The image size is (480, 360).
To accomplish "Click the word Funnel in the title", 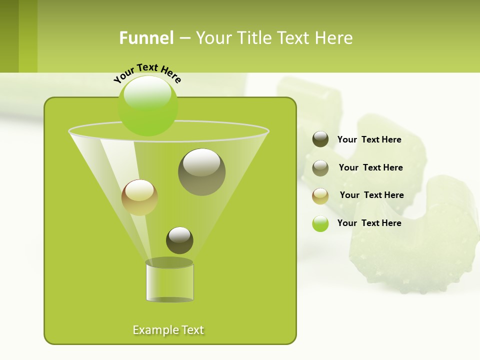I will coord(146,38).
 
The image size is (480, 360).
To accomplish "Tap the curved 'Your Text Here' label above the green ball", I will coord(147,72).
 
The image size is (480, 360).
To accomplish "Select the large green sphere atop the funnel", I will coord(148,105).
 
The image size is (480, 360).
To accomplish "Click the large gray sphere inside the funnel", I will coord(201,172).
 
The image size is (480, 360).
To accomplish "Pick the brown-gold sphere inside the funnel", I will coord(139,197).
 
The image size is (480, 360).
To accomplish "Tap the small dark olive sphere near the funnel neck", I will coord(179,240).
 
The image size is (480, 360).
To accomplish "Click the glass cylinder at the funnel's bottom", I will coord(169,282).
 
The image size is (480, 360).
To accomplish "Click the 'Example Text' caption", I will coord(168,330).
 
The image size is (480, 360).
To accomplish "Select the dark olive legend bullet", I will coord(320,139).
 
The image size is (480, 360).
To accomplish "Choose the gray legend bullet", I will coord(320,168).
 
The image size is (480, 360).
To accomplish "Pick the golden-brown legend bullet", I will coord(320,196).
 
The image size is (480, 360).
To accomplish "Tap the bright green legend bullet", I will coord(320,223).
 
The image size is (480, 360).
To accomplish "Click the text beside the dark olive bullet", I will coord(369,139).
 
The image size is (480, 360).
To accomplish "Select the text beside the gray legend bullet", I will coord(370,167).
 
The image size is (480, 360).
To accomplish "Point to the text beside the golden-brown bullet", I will coord(371,195).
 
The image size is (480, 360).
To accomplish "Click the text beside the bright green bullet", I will coord(369,223).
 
